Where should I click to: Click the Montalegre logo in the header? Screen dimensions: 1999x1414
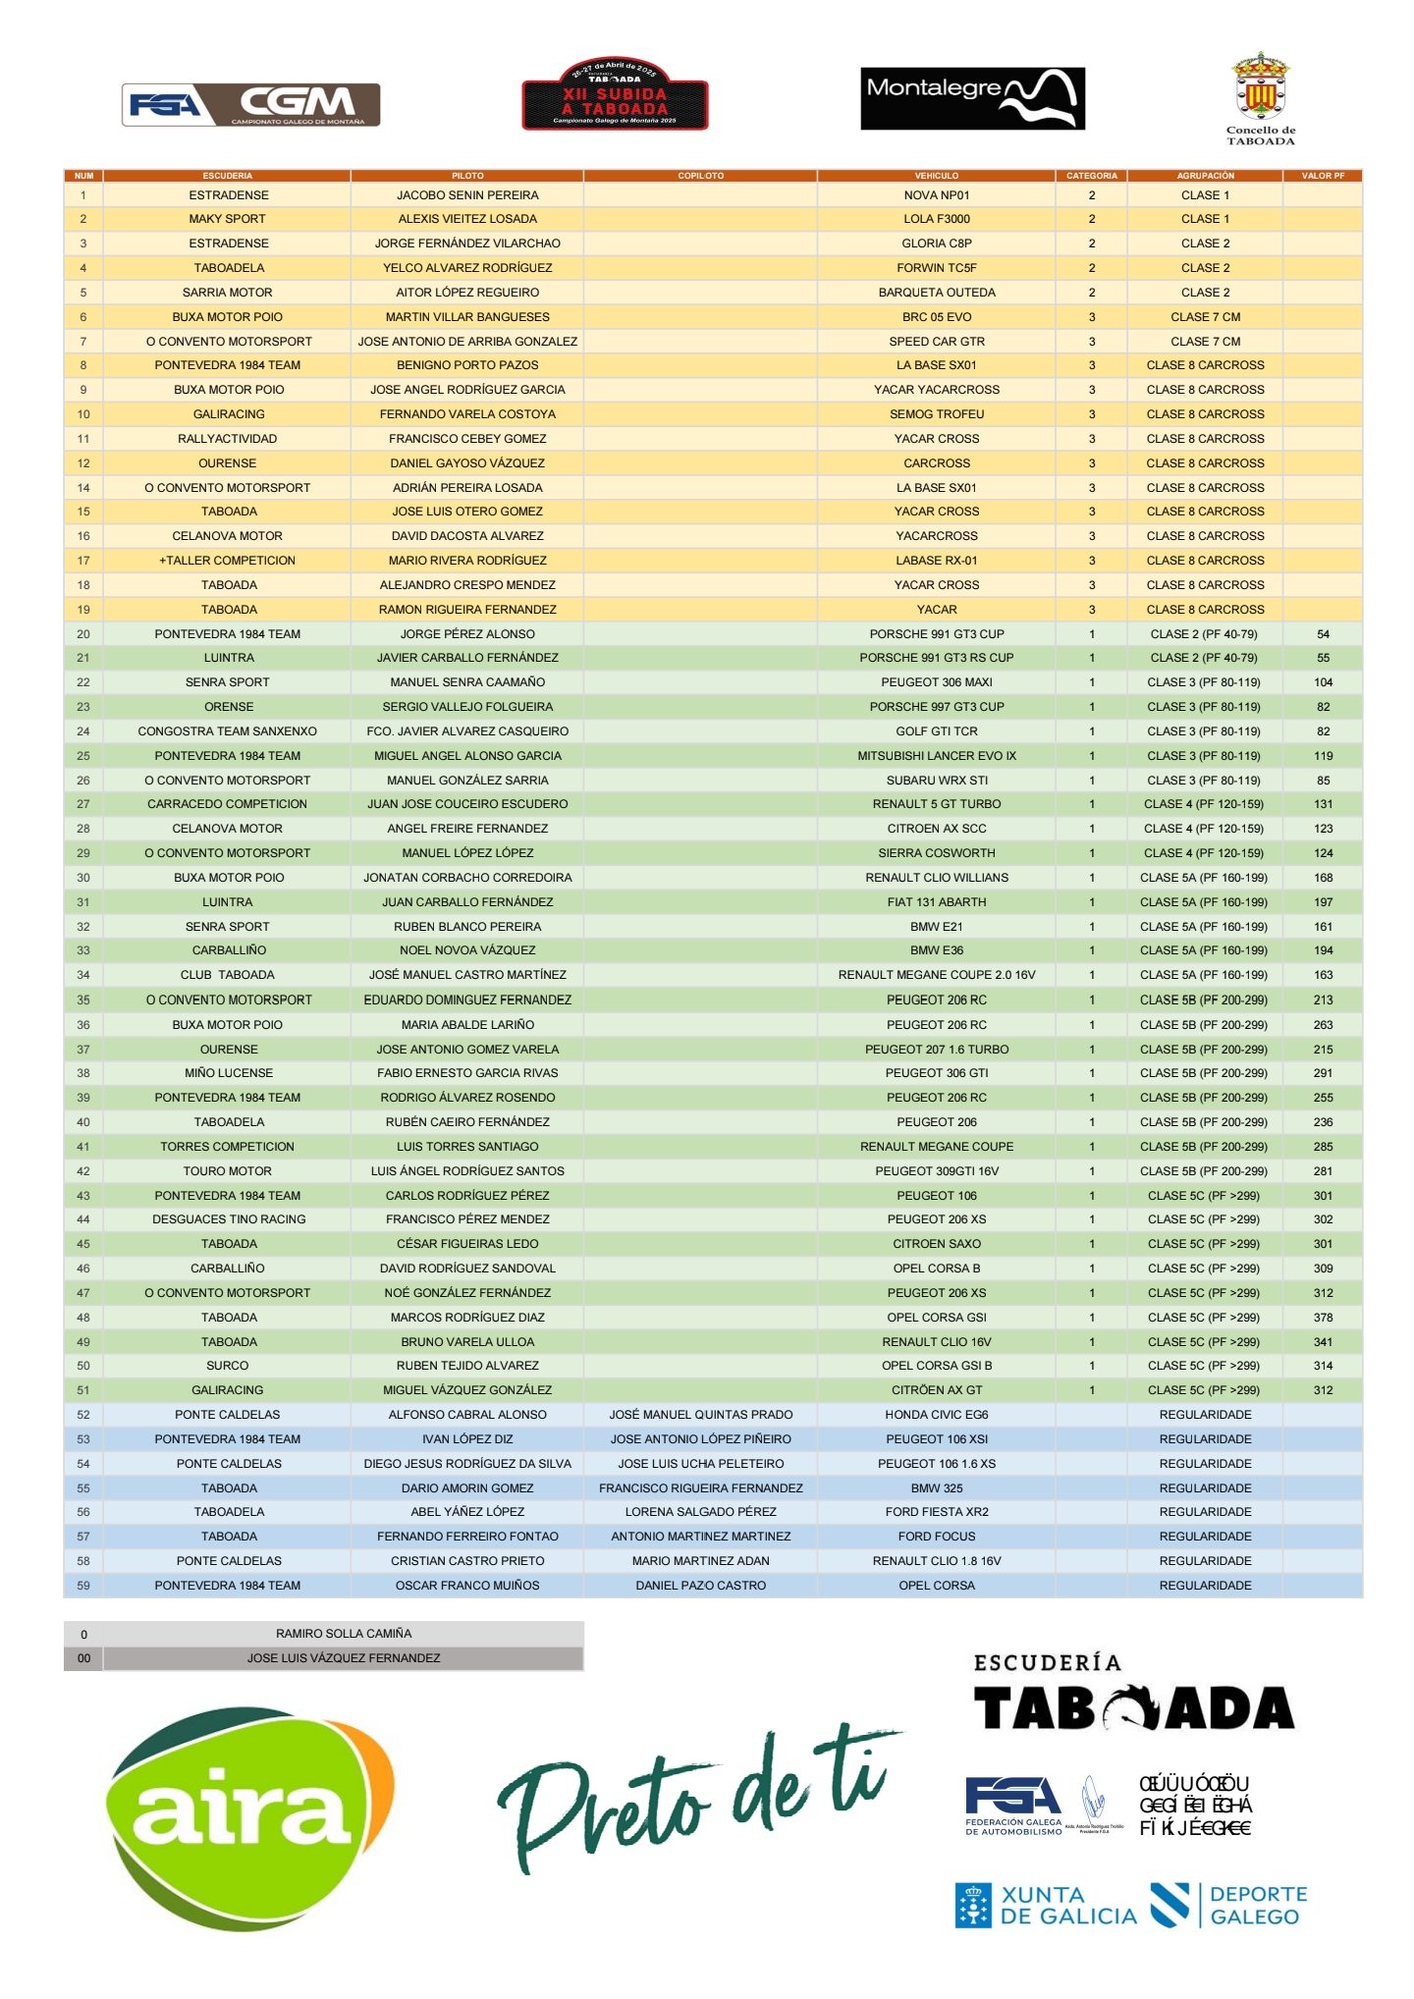(972, 98)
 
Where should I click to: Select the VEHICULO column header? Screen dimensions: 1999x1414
(936, 176)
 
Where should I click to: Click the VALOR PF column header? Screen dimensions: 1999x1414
(1322, 176)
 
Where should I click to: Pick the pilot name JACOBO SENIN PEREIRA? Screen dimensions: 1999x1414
(467, 195)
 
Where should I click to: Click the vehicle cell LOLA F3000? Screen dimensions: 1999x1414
(936, 219)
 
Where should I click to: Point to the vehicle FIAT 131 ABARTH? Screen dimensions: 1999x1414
(936, 902)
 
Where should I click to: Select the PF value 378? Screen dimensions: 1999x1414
(1323, 1318)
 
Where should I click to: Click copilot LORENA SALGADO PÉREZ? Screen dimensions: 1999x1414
(700, 1512)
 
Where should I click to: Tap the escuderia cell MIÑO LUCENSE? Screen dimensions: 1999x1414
(228, 1073)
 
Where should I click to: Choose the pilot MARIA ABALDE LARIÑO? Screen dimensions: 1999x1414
(467, 1025)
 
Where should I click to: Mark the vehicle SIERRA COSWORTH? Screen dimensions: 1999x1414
(936, 853)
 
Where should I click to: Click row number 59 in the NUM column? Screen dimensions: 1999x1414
(83, 1586)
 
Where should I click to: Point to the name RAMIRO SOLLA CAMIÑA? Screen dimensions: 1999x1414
(344, 1634)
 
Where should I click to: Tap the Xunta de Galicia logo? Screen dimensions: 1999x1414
(1045, 1906)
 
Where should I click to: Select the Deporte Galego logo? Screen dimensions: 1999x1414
(1229, 1906)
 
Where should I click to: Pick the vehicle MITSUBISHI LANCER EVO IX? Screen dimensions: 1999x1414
(936, 756)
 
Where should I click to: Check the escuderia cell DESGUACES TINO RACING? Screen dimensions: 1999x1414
(228, 1219)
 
